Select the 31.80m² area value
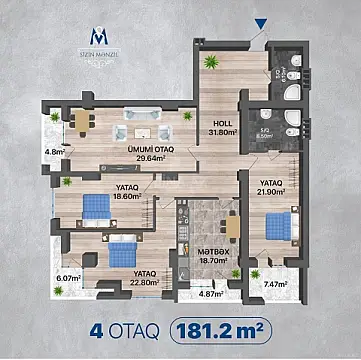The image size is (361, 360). [222, 131]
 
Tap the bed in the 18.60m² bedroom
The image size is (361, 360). [95, 205]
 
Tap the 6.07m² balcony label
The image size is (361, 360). [67, 278]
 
